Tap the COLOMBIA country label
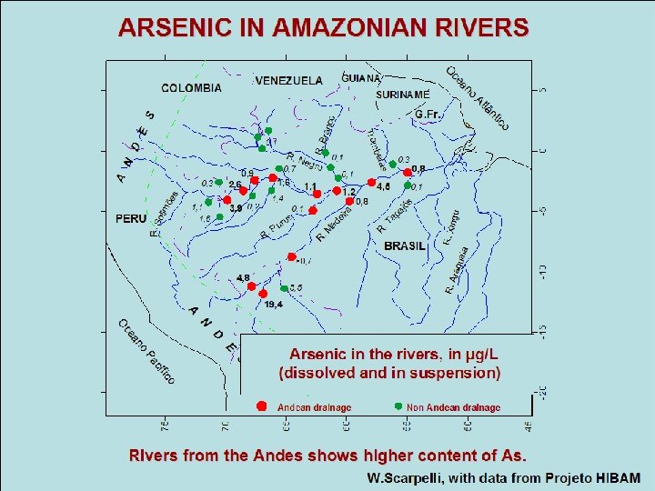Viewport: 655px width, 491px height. coord(191,88)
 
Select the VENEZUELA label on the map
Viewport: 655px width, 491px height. coord(288,80)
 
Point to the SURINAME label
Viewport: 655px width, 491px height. coord(403,93)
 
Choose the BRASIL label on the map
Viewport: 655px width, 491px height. coord(405,246)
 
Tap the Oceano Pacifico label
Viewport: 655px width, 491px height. coord(146,350)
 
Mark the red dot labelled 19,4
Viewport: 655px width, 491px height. coord(264,295)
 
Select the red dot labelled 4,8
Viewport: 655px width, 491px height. coord(252,286)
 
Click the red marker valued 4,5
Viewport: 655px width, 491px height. coord(369,180)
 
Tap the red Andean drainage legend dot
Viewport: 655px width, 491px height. coord(261,406)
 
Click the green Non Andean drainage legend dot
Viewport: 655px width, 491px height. coord(398,406)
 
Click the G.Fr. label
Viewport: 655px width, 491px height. coord(427,115)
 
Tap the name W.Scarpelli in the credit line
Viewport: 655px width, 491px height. coord(404,477)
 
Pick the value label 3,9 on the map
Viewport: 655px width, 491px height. coord(236,208)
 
